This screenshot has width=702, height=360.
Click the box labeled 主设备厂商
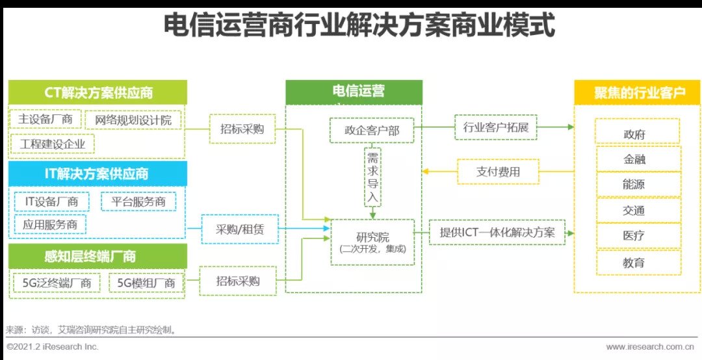(45, 119)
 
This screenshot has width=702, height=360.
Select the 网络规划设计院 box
(133, 120)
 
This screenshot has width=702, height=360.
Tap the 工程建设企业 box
(52, 144)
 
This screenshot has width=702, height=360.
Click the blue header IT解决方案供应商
(97, 174)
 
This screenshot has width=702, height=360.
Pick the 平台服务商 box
(138, 201)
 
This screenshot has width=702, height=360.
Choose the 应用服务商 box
(49, 225)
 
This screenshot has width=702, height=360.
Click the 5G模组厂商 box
(146, 283)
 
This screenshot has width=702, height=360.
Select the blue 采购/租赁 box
(240, 229)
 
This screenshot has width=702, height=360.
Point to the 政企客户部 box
(372, 131)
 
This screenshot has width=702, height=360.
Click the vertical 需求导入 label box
(372, 177)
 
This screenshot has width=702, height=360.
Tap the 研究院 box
(372, 242)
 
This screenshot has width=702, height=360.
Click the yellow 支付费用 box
(498, 172)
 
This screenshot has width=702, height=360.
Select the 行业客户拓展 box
(495, 127)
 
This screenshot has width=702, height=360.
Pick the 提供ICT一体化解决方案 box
(497, 233)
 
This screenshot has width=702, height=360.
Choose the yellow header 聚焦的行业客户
(636, 92)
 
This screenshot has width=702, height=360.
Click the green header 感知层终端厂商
(96, 256)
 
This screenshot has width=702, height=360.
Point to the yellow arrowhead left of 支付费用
(426, 172)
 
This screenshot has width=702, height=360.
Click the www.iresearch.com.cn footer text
(649, 346)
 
